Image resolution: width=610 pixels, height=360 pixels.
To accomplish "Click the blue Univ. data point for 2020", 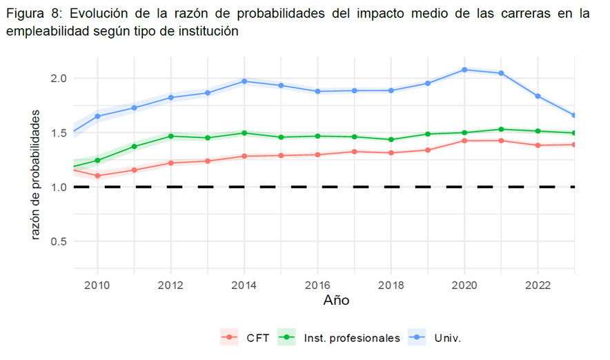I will pos(464,70).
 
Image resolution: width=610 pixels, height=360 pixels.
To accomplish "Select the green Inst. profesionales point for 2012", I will pos(170,136).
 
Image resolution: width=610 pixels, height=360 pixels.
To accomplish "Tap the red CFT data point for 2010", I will pos(97,176).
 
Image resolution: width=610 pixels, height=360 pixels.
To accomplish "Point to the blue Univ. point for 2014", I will pos(244,81).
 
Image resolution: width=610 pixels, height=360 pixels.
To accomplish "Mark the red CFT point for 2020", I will pos(464,141).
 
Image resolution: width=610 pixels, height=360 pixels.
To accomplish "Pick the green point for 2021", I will pos(501,129).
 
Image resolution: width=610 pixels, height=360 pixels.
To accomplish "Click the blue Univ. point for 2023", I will pos(574,115).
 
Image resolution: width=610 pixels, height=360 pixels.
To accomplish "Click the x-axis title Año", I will pos(336,301).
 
